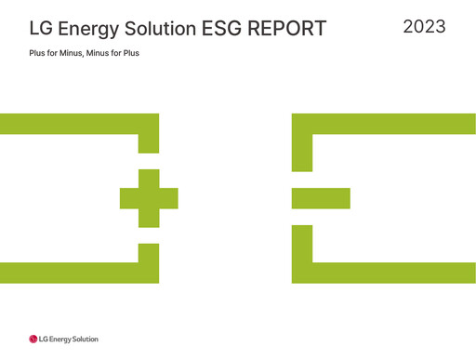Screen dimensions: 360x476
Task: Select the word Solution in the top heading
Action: coord(167,29)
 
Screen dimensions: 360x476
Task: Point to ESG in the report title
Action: coord(228,29)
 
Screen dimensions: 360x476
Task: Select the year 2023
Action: coord(424,26)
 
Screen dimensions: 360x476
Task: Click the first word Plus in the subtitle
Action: coord(38,53)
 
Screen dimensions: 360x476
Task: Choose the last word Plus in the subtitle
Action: coord(143,53)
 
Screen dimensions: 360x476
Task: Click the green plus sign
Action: coord(149,198)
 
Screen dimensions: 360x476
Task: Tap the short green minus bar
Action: coord(321,198)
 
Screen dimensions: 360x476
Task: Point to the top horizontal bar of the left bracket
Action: coord(74,123)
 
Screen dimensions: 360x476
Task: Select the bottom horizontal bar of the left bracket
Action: coord(74,273)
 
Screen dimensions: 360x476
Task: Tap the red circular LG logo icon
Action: coord(33,340)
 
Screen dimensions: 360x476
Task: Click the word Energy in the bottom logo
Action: coord(59,340)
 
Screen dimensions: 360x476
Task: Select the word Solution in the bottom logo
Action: coord(85,340)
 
